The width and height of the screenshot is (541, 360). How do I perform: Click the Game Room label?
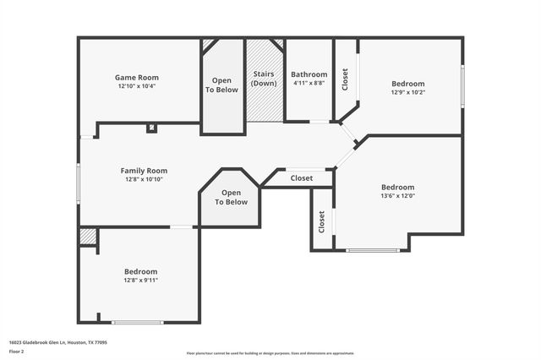pos(136,77)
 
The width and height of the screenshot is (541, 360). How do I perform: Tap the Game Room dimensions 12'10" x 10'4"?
pos(136,86)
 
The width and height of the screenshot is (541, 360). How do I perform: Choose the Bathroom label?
pos(309,74)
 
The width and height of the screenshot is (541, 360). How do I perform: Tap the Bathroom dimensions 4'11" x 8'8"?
pos(309,83)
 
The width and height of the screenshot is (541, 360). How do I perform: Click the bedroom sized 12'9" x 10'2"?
pos(407,88)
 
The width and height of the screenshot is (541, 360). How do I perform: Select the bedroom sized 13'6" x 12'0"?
pos(397,191)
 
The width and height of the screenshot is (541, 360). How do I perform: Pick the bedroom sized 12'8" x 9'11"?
pos(141,275)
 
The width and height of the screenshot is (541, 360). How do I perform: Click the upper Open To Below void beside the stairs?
pos(223,85)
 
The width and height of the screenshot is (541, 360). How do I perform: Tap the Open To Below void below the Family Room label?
pos(230,198)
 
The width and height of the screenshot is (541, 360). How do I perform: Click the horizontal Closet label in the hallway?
pos(301,178)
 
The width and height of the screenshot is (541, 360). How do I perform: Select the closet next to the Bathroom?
pos(345,79)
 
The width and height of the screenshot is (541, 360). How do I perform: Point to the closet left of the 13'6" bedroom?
pos(322,221)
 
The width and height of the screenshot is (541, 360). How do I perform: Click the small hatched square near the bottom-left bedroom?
pos(88,237)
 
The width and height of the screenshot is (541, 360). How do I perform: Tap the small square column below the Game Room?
pos(151,128)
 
